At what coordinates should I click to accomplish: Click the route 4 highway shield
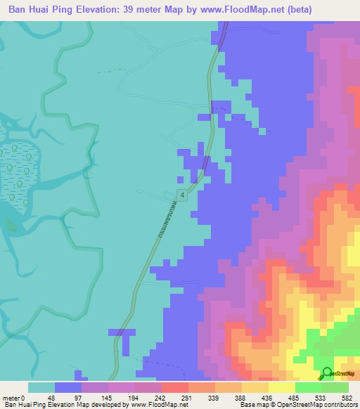(182, 195)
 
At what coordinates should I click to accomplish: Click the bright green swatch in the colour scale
(308, 387)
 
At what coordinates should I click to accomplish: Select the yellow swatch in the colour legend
(281, 387)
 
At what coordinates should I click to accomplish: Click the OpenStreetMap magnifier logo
(327, 372)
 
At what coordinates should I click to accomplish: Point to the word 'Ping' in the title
(64, 10)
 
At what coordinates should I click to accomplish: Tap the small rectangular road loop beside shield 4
(169, 194)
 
